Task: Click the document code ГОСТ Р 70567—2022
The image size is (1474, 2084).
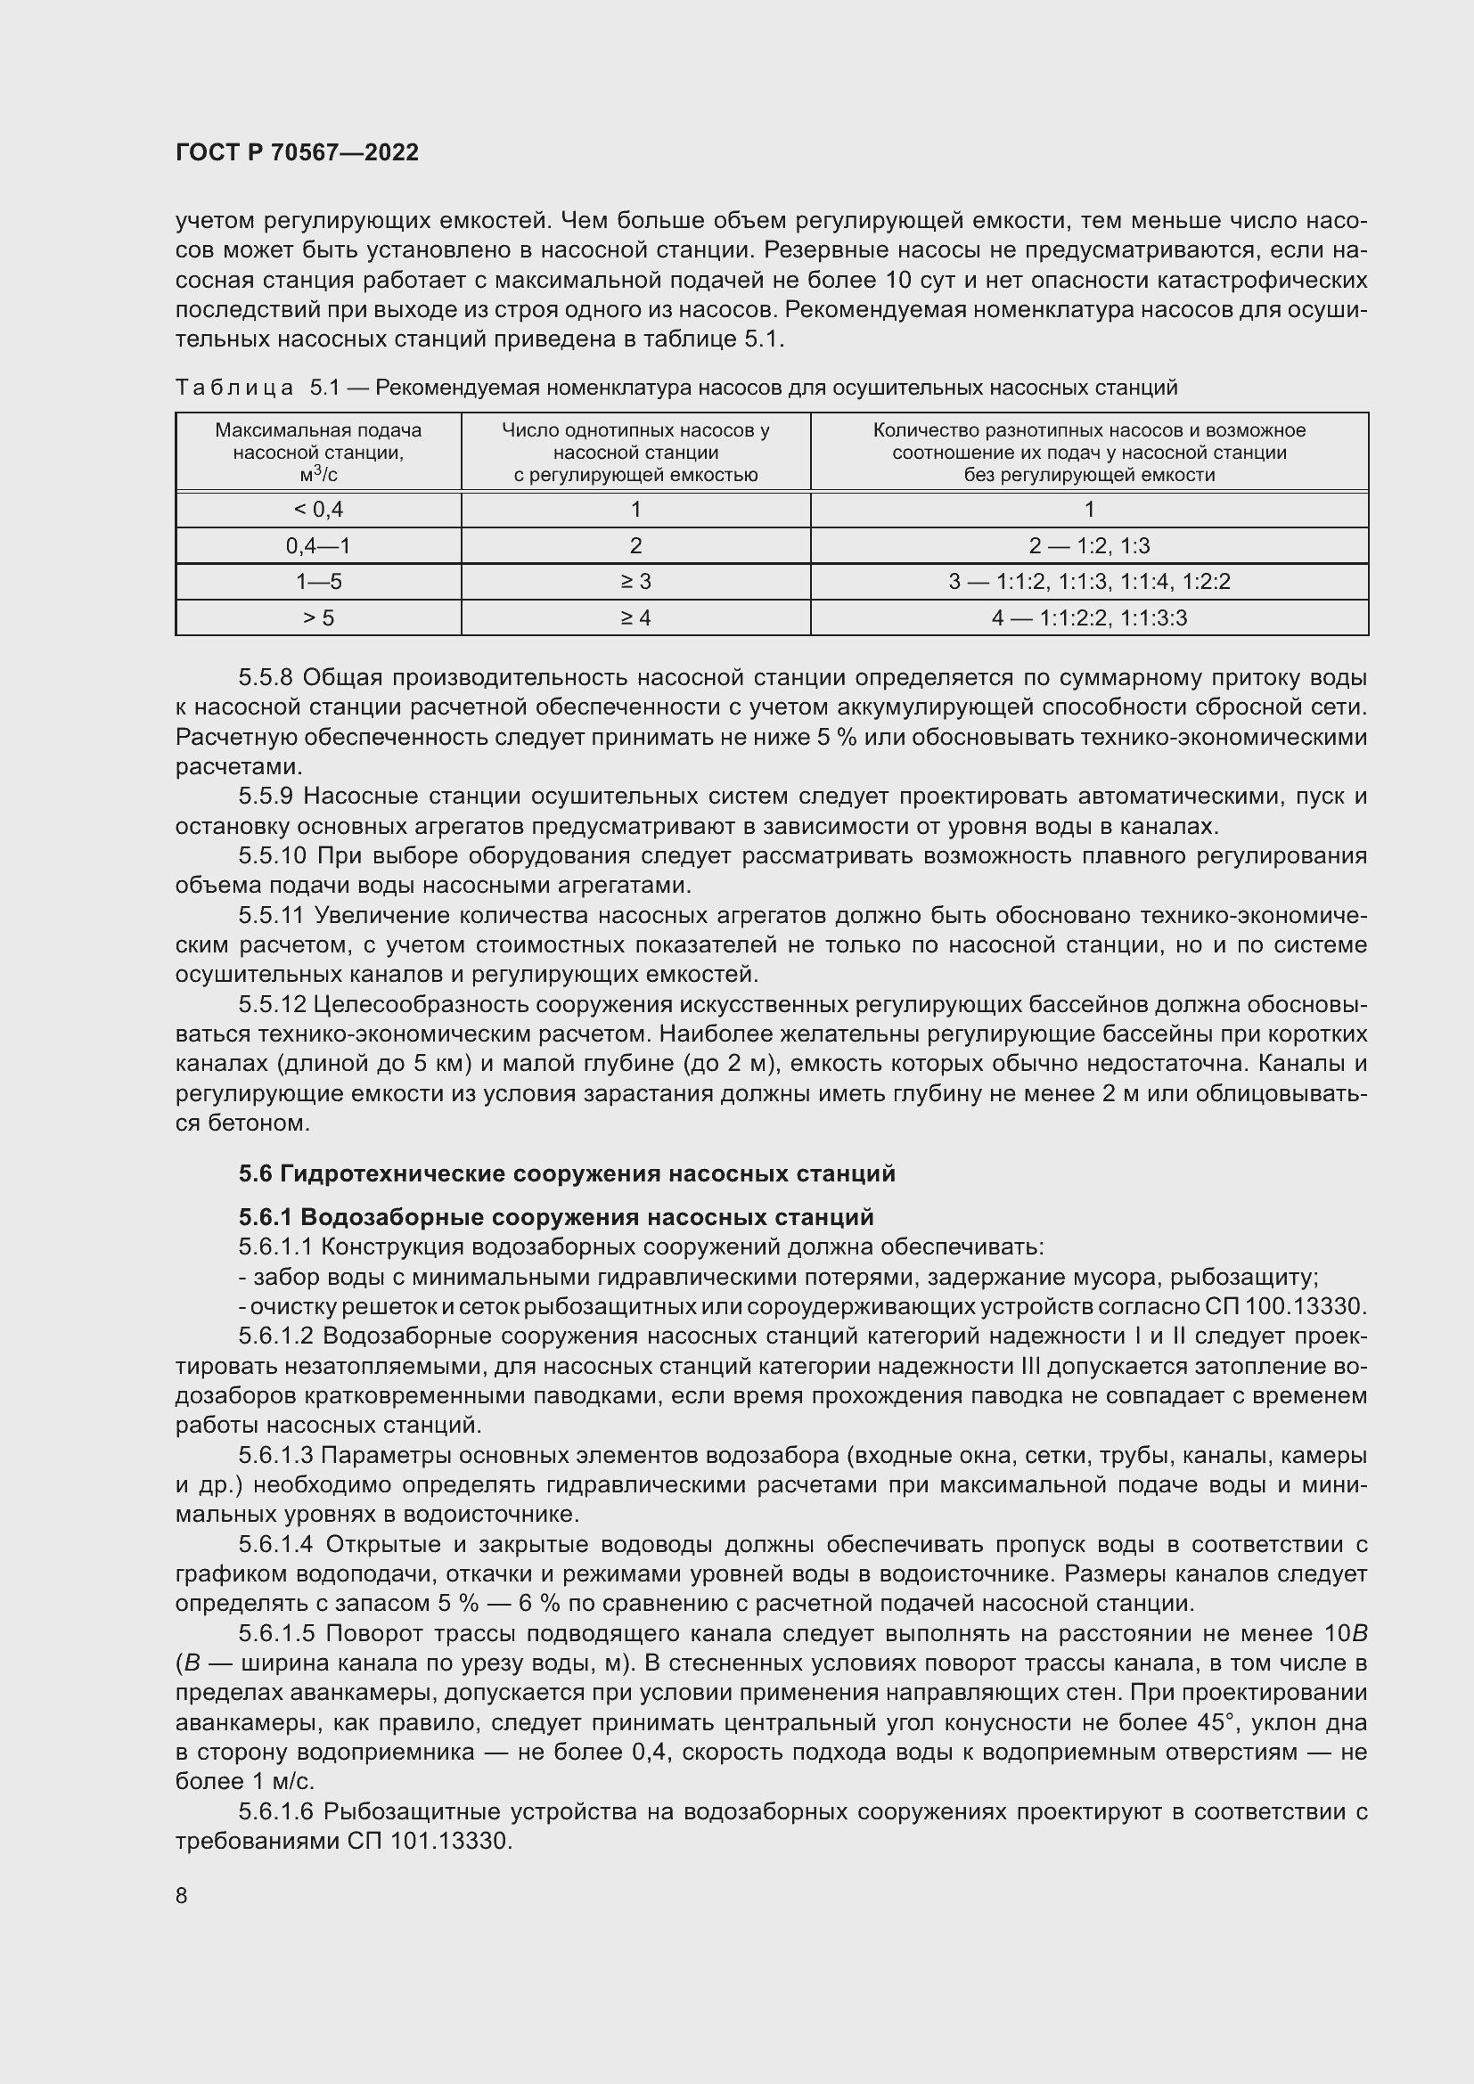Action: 297,152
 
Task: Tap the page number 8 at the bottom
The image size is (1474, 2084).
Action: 182,1895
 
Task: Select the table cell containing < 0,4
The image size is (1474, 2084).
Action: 317,510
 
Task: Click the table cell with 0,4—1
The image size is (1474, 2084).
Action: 317,545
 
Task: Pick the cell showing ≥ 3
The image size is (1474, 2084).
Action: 635,581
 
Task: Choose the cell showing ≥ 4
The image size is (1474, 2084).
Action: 635,617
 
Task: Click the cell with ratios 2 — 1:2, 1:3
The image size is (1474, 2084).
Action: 1089,545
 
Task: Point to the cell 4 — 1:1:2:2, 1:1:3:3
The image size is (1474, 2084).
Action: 1089,617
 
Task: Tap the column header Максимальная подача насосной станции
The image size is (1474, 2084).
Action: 317,452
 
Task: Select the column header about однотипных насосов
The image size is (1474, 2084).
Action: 635,452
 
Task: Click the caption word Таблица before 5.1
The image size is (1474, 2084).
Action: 234,388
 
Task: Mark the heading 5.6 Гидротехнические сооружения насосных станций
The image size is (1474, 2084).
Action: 567,1173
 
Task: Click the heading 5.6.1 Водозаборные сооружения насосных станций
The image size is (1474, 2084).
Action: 555,1216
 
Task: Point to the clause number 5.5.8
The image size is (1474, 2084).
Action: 266,677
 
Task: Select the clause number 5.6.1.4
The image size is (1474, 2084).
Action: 276,1544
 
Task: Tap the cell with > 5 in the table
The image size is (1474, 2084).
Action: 317,617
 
